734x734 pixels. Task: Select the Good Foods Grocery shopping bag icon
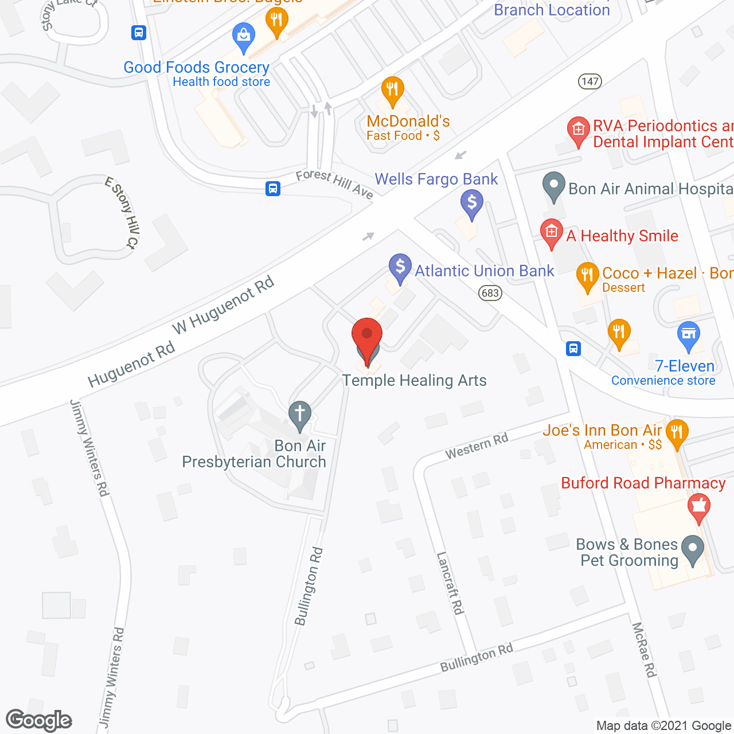244,37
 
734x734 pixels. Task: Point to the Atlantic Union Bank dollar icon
400,268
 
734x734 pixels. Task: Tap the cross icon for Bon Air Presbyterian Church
299,415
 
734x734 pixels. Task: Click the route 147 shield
589,81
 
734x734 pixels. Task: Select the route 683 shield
490,293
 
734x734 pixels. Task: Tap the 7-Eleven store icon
689,335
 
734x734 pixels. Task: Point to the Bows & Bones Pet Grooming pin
693,549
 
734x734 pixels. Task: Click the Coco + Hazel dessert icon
587,276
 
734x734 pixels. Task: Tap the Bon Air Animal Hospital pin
554,186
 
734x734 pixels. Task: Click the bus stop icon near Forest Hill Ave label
273,188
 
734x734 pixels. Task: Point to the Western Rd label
477,446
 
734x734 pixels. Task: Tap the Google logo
39,720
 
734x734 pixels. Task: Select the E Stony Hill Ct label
122,213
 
